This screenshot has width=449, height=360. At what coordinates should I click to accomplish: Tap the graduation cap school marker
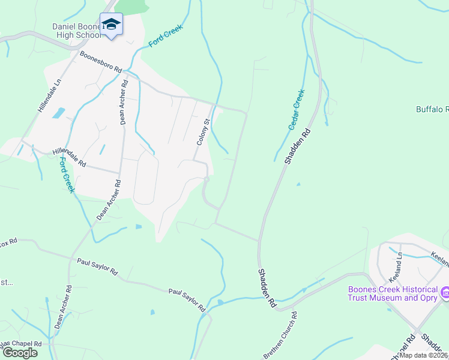[x=111, y=25]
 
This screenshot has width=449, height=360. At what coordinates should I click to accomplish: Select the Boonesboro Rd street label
[x=101, y=62]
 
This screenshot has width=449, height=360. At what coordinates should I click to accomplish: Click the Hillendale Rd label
[x=69, y=158]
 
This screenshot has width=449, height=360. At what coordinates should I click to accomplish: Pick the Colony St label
[x=203, y=132]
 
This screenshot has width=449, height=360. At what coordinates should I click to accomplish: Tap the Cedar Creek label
[x=297, y=109]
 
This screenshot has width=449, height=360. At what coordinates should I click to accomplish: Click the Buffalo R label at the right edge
[x=433, y=109]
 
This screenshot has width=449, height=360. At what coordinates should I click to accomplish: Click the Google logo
[x=19, y=352]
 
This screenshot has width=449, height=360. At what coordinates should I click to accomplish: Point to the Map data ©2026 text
[x=424, y=355]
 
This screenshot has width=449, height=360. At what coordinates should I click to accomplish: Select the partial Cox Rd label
[x=8, y=242]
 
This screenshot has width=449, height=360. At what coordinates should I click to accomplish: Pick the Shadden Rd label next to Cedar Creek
[x=299, y=147]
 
